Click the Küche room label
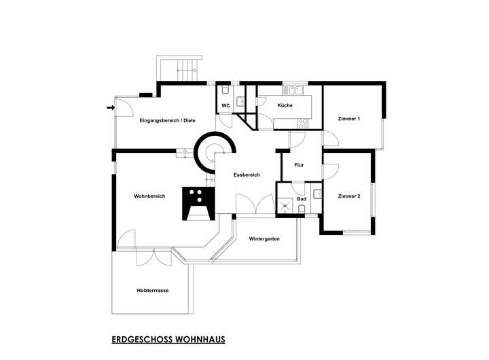pyautogui.click(x=285, y=105)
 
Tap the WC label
pyautogui.click(x=225, y=105)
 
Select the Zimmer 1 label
pyautogui.click(x=348, y=119)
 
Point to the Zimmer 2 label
pyautogui.click(x=348, y=196)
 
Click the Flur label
pyautogui.click(x=298, y=165)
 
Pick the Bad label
pyautogui.click(x=302, y=200)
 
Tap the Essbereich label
pyautogui.click(x=247, y=175)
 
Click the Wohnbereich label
pyautogui.click(x=149, y=196)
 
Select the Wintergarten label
pyautogui.click(x=264, y=239)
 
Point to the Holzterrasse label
pyautogui.click(x=152, y=290)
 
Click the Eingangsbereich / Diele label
pyautogui.click(x=167, y=120)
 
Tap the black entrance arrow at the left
pyautogui.click(x=111, y=107)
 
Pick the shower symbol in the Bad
pyautogui.click(x=286, y=206)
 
